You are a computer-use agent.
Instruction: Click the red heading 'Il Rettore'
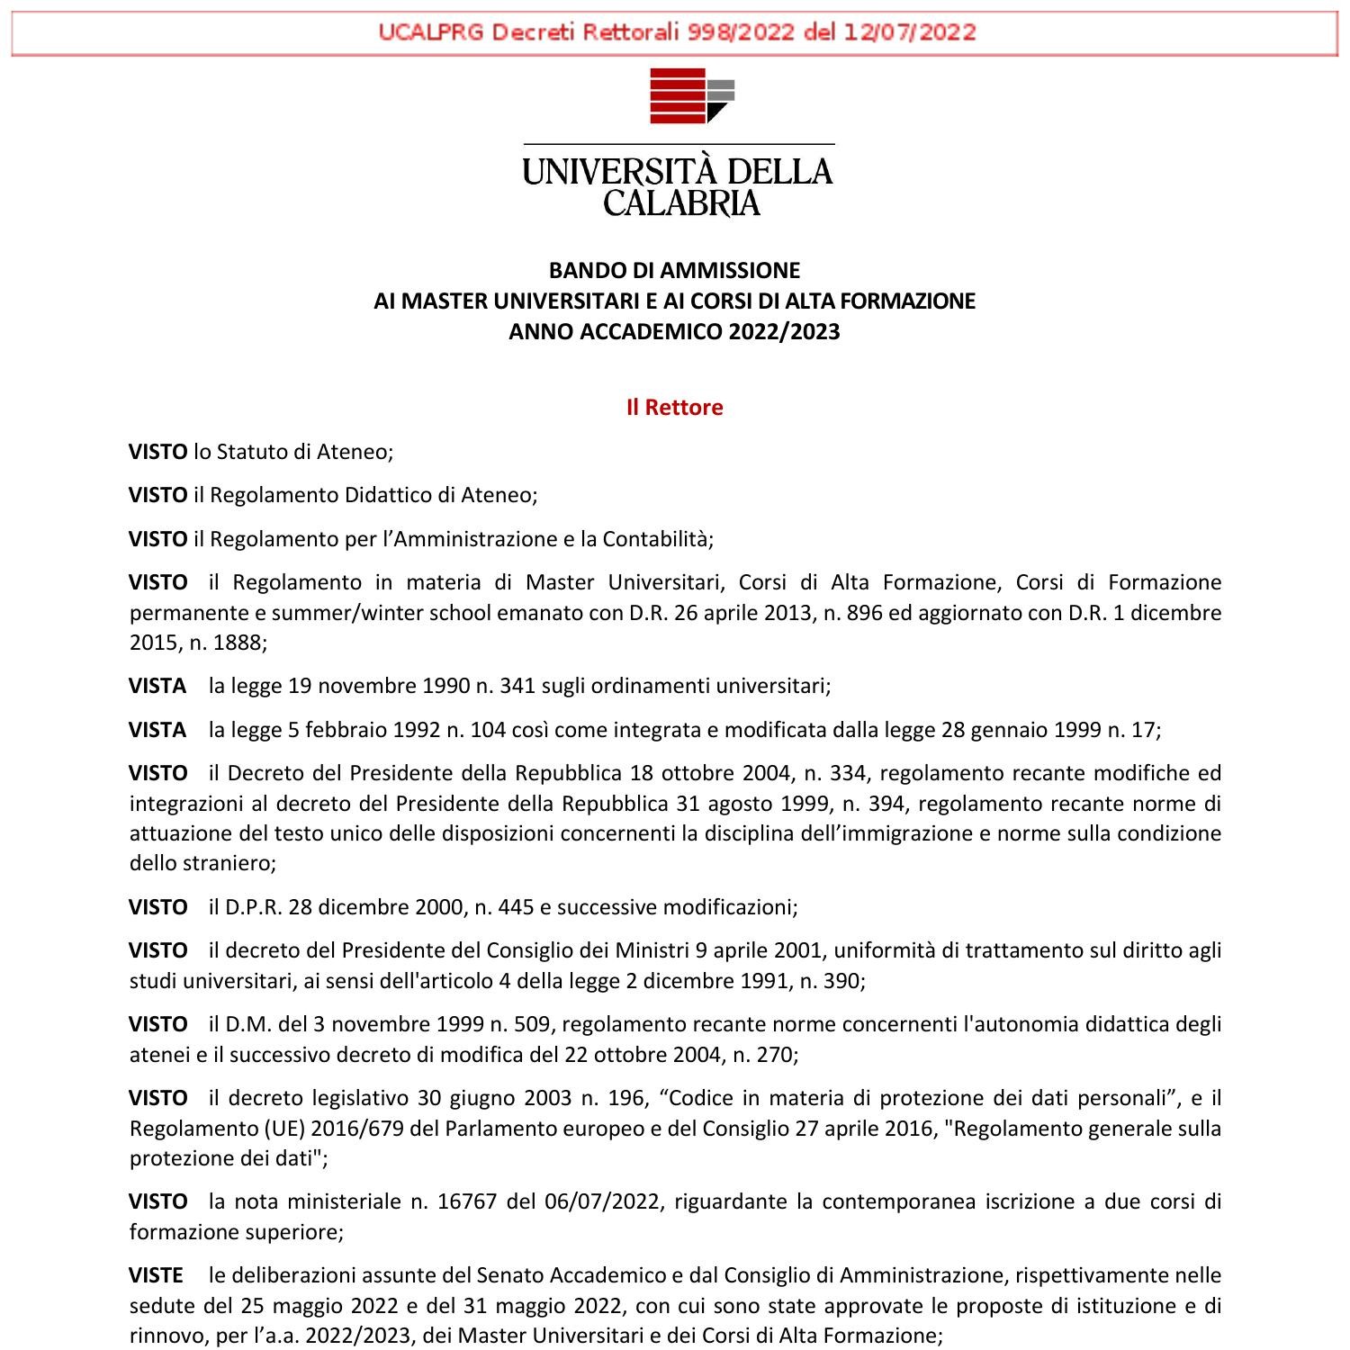pyautogui.click(x=674, y=408)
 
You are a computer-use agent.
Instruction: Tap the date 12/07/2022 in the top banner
pyautogui.click(x=909, y=32)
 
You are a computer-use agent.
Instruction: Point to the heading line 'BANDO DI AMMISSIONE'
pyautogui.click(x=674, y=270)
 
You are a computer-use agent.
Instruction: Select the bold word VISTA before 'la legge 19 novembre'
pyautogui.click(x=157, y=686)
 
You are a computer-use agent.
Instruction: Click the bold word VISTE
pyautogui.click(x=157, y=1275)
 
